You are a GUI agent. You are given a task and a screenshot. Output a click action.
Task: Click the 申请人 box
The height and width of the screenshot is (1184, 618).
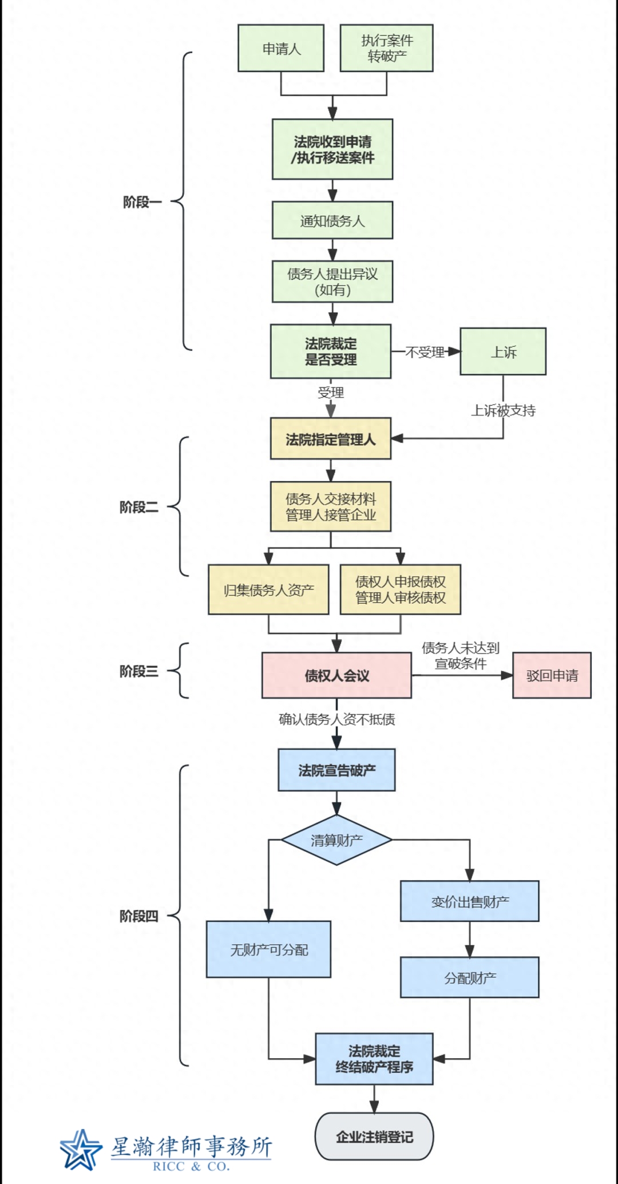281,49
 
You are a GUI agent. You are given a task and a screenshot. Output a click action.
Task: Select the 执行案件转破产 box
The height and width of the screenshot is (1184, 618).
386,49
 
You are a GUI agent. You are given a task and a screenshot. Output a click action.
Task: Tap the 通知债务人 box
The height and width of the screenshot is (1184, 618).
332,220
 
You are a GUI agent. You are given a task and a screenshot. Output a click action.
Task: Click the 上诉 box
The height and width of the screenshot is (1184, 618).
503,352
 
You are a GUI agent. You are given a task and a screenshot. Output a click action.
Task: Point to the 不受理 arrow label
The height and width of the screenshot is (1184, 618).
425,352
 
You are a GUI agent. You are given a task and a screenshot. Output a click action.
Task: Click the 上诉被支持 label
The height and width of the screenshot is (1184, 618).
503,410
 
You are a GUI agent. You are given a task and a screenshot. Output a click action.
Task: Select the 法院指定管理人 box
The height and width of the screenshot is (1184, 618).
331,439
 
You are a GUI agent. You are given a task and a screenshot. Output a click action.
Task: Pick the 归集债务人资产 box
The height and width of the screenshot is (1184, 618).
268,590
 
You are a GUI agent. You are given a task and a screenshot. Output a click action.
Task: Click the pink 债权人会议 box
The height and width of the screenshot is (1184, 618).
336,676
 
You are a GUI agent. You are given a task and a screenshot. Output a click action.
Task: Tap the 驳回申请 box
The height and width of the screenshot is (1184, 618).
552,676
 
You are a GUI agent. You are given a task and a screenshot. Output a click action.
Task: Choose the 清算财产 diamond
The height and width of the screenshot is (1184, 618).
336,840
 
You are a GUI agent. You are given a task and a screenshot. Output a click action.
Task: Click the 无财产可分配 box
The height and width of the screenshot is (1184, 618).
268,950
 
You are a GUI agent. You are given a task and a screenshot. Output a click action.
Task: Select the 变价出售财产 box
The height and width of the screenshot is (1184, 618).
469,902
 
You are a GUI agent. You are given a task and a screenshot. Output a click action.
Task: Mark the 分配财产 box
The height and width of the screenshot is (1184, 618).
469,978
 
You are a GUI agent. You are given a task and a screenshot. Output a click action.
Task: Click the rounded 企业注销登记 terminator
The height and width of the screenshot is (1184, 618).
374,1137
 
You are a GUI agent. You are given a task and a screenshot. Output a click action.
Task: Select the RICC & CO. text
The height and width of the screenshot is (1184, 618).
191,1166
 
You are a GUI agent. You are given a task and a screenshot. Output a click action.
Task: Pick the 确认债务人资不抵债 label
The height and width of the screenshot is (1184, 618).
336,719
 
